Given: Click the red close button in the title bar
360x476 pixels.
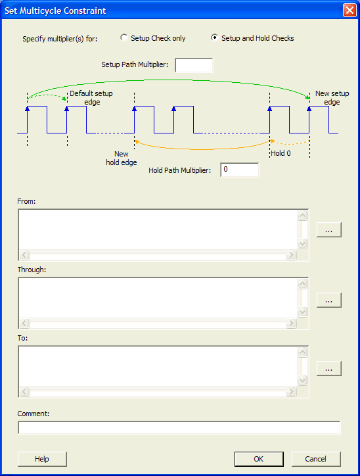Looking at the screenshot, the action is [349, 11].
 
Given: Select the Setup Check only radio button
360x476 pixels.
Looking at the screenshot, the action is [124, 37].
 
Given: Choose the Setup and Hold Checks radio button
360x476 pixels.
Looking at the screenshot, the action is [214, 37].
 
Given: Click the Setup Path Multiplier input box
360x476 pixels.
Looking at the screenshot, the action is [194, 65].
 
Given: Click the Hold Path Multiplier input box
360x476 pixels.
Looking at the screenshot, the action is [240, 170].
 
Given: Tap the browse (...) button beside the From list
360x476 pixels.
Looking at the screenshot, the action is [328, 230].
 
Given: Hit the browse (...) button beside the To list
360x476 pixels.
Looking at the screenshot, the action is [328, 369].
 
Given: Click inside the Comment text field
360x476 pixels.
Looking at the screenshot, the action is [179, 427].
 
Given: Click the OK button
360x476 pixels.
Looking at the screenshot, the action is [259, 459].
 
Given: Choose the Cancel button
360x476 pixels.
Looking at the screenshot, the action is [316, 459].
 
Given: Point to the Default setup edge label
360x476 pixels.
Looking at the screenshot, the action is [91, 98].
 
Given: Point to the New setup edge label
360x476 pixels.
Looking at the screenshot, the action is [332, 98].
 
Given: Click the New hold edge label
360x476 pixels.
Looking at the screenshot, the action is [122, 158].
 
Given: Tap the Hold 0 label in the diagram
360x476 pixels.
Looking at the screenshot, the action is [281, 153].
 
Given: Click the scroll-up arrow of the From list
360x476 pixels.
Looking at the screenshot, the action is [302, 216].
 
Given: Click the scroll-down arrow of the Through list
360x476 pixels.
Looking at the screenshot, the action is [302, 312].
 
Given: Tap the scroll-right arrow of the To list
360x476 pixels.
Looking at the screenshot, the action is [291, 392].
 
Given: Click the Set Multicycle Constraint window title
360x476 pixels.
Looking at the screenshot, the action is [55, 11].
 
